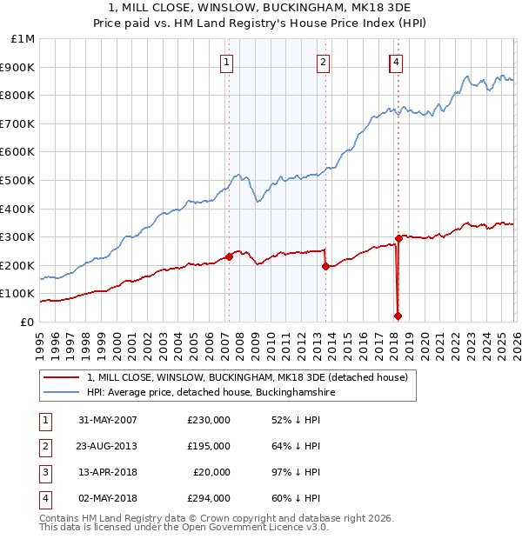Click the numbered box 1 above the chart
(226, 62)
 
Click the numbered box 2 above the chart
(323, 62)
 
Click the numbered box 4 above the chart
(396, 62)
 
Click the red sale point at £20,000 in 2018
(398, 316)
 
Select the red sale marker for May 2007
(230, 256)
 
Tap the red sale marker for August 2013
(325, 267)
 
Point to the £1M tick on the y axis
(23, 39)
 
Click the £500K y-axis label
(19, 181)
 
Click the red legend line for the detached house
(61, 377)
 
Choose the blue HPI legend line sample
(61, 393)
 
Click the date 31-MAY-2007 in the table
(108, 420)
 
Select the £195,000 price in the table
(209, 446)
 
